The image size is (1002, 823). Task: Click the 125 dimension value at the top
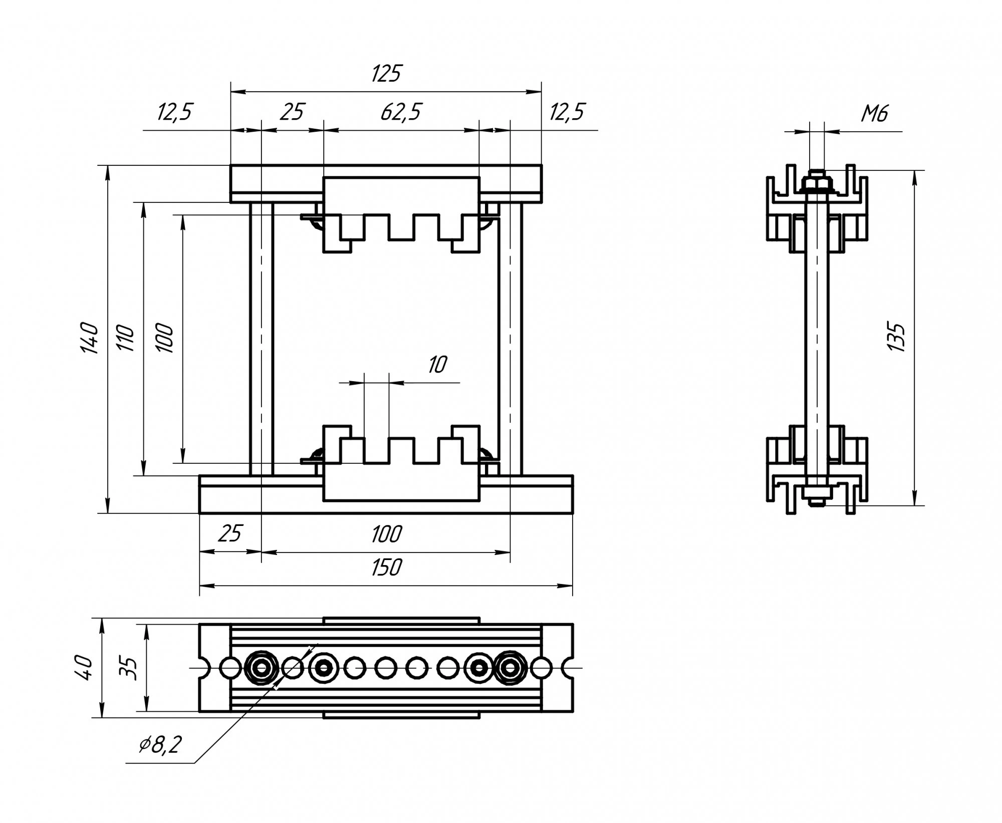click(x=386, y=74)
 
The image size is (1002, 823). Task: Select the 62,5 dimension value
click(x=401, y=112)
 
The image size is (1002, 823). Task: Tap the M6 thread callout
click(x=874, y=114)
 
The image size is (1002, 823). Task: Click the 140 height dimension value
click(x=90, y=338)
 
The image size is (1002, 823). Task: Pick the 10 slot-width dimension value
click(x=437, y=365)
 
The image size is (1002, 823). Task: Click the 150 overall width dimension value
click(x=386, y=568)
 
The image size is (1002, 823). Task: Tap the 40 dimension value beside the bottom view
click(x=85, y=668)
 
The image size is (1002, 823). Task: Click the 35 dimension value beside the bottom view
click(x=129, y=668)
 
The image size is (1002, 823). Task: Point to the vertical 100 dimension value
click(x=165, y=338)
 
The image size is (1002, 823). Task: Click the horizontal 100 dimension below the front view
click(x=386, y=534)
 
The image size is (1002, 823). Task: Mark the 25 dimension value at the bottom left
click(x=230, y=534)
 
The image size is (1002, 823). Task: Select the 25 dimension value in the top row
click(x=292, y=112)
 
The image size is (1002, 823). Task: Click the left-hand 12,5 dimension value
click(x=174, y=112)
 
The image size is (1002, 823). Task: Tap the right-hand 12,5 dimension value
click(x=567, y=112)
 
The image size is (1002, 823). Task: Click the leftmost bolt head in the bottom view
click(x=261, y=668)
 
